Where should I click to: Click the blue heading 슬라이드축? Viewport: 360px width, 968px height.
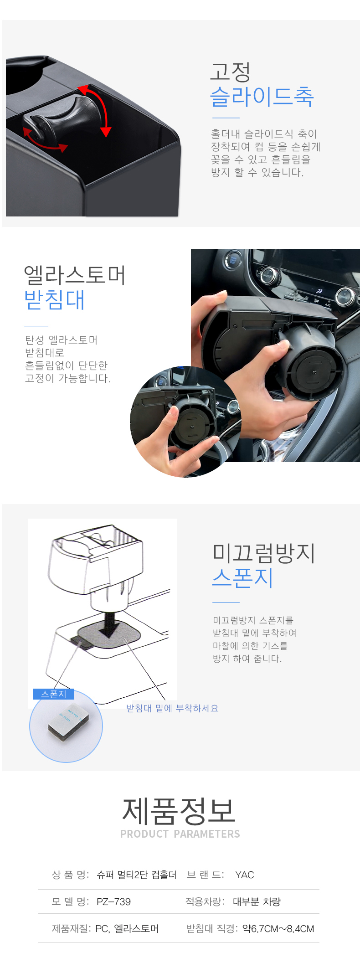click(262, 96)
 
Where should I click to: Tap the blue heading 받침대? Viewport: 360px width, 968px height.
click(55, 300)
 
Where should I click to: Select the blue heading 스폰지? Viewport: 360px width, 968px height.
click(242, 577)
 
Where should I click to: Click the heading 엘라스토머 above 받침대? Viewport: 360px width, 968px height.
click(75, 275)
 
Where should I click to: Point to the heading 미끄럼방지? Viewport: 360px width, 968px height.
click(264, 553)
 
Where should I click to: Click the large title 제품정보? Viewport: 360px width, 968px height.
click(179, 811)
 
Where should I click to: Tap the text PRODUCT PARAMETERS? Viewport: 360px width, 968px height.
click(180, 834)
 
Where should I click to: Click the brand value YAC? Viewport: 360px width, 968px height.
click(245, 875)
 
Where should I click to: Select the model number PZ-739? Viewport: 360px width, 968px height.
click(113, 901)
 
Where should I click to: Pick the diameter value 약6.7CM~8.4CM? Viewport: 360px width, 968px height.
click(278, 928)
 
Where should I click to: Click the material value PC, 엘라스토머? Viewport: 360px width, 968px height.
click(127, 928)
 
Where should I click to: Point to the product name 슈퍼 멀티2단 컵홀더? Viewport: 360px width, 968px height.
click(136, 875)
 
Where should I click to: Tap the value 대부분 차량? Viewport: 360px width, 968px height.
click(257, 901)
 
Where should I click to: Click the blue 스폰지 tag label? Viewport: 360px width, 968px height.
click(54, 694)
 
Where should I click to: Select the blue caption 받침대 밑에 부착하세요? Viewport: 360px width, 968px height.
click(172, 708)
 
